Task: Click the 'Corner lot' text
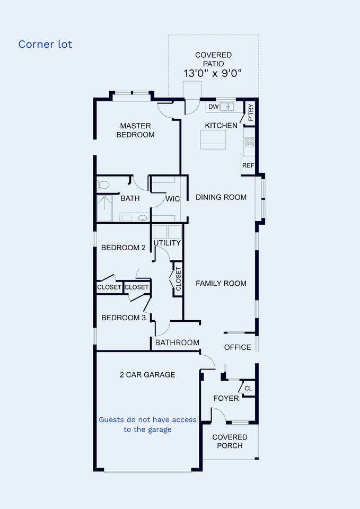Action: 45,44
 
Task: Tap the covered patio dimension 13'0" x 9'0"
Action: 213,73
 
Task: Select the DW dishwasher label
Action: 213,107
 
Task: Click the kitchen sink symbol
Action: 226,107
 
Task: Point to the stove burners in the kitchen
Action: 249,142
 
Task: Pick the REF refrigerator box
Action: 248,165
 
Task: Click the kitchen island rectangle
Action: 213,139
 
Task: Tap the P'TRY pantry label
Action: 251,112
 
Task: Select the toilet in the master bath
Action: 103,185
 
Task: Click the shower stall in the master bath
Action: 104,208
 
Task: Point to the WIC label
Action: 173,199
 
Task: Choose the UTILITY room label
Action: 167,243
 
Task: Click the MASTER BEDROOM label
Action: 135,130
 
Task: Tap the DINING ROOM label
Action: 221,197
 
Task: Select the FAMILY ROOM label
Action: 221,283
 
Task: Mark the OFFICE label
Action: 238,347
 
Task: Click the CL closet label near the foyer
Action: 248,388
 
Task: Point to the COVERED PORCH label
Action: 230,442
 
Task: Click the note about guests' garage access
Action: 148,425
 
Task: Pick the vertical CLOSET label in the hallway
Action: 179,278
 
